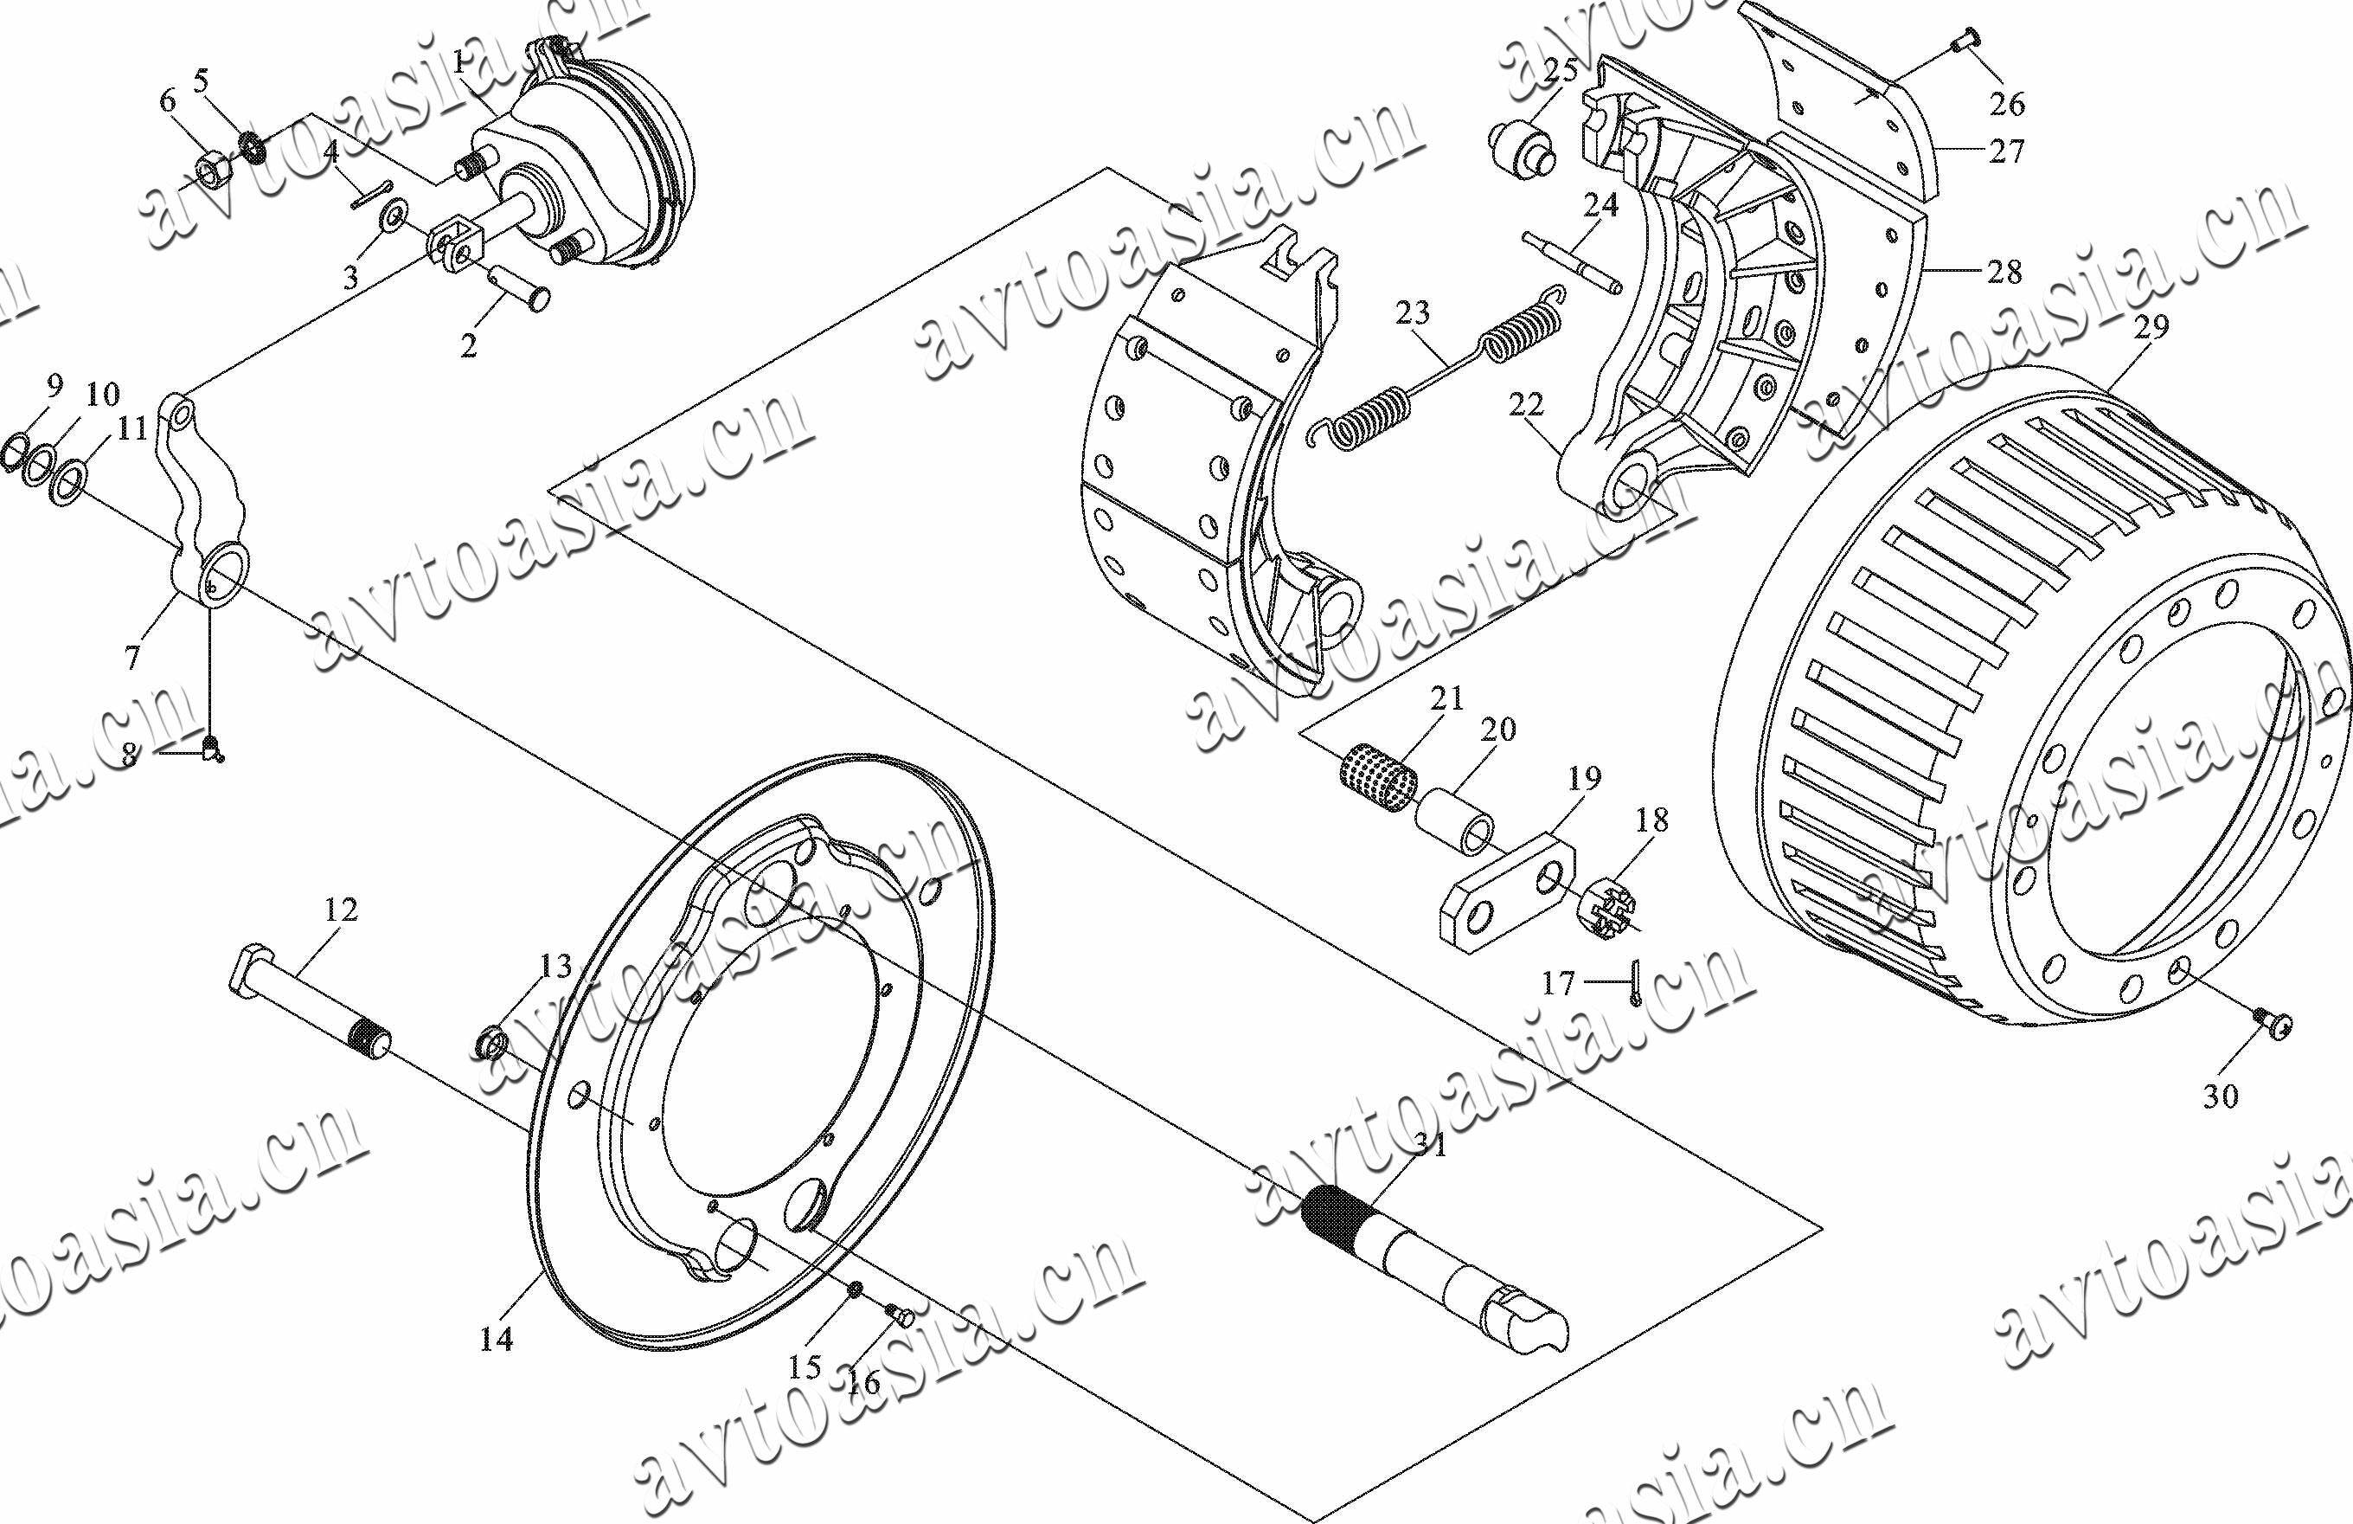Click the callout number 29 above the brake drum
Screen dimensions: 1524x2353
[2151, 328]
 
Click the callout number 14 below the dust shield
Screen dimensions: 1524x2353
[497, 1339]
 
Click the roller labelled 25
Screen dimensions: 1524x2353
[1523, 146]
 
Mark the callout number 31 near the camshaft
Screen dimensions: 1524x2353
[1431, 1145]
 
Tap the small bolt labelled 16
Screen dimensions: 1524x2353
[902, 1315]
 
